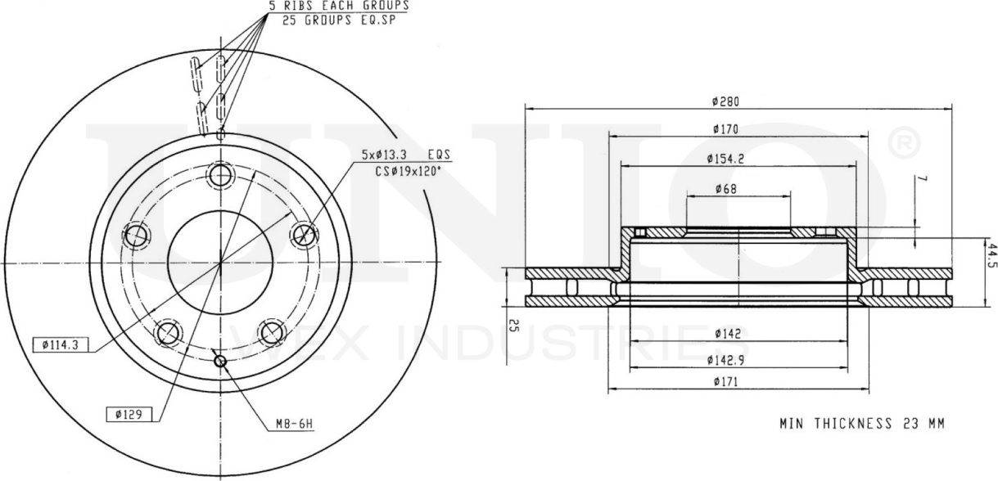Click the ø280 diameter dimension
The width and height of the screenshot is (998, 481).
tap(726, 101)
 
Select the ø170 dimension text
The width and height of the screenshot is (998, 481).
tap(726, 128)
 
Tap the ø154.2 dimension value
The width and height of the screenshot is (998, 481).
tap(726, 159)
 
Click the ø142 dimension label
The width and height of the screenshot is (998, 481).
tap(726, 334)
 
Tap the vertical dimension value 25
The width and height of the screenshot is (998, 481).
tap(513, 327)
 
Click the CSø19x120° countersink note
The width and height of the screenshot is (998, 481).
tap(407, 170)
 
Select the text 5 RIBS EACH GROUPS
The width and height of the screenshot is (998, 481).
tap(339, 5)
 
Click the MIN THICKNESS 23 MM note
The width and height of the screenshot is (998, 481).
tap(860, 424)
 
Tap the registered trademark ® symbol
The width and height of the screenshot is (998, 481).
tap(903, 145)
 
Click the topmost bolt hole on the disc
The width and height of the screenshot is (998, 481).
tap(220, 175)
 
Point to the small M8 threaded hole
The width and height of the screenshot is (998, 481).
tap(219, 362)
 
